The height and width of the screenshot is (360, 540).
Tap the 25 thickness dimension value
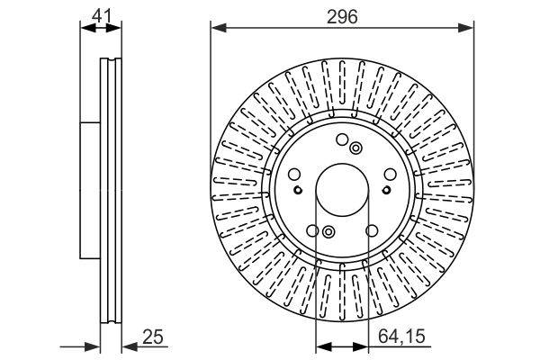coord(154,337)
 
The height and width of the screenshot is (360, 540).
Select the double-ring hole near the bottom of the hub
coord(328,235)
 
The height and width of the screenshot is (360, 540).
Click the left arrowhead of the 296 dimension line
coord(217,28)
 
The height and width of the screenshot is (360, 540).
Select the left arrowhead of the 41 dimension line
coord(85,28)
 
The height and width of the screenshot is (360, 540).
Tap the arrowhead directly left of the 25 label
coord(128,346)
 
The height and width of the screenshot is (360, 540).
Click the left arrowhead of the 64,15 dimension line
coord(320,346)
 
